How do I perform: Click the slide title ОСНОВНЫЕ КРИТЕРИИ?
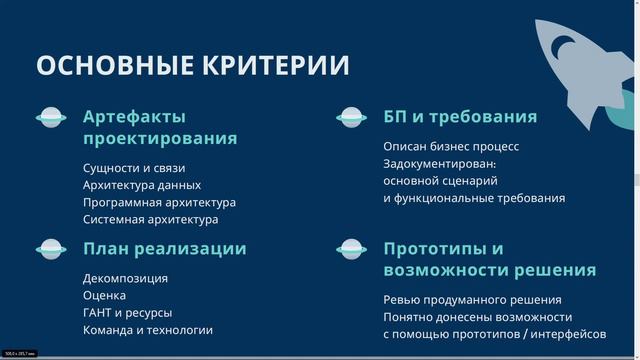(193, 66)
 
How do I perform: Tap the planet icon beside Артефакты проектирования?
(51, 117)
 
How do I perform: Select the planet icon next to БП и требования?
(351, 117)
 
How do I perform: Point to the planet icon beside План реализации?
(51, 249)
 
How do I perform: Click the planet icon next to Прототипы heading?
(351, 249)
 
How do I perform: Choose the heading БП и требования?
(460, 117)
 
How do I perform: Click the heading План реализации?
(164, 249)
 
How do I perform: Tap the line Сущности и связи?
(134, 168)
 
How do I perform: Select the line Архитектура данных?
(142, 185)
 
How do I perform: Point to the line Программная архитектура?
(159, 202)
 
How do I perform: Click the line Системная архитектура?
(150, 219)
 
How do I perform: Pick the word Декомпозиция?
(125, 278)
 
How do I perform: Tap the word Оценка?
(105, 295)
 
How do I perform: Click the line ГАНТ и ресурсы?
(128, 312)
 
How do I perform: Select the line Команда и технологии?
(148, 330)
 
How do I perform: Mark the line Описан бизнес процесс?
(451, 146)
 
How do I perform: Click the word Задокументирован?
(439, 163)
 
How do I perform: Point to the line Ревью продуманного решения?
(472, 300)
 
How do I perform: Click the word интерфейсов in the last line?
(570, 334)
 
